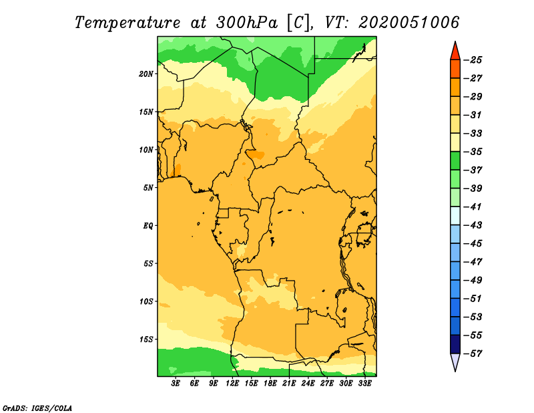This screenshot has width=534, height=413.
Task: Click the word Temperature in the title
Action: (x=127, y=23)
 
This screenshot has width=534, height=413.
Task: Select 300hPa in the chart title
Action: (x=246, y=23)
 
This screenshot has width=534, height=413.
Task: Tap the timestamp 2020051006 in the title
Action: (x=409, y=23)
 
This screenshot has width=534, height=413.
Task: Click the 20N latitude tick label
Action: (x=146, y=74)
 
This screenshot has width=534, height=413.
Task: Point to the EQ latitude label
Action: (x=148, y=226)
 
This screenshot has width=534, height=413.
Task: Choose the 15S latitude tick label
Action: (x=146, y=339)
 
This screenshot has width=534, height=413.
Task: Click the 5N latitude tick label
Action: (x=148, y=188)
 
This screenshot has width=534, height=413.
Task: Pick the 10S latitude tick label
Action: (x=146, y=301)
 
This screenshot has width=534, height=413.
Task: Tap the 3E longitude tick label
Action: (x=176, y=384)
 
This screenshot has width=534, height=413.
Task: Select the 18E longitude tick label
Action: (x=270, y=384)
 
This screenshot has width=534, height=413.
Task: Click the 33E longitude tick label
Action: (x=364, y=384)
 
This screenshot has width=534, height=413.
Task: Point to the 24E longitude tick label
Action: (x=308, y=384)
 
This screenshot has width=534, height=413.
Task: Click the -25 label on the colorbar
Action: (x=473, y=60)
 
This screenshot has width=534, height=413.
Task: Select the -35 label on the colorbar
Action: (x=473, y=152)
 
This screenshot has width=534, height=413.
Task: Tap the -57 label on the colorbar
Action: (x=473, y=354)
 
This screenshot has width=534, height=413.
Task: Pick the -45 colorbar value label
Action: (x=473, y=243)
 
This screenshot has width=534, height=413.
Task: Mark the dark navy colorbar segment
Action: (x=455, y=344)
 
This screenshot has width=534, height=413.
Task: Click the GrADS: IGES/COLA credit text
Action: (x=37, y=408)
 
